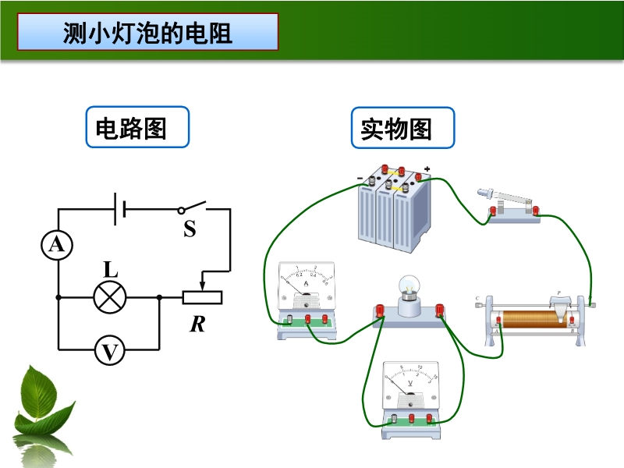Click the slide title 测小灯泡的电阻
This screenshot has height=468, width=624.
pyautogui.click(x=147, y=33)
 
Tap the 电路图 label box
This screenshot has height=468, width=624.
pyautogui.click(x=137, y=127)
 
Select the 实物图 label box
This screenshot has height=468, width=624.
pyautogui.click(x=402, y=127)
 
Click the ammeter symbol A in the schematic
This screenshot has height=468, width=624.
pyautogui.click(x=57, y=246)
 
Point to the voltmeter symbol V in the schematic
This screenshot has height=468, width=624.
pyautogui.click(x=109, y=353)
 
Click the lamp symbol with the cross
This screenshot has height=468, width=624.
pyautogui.click(x=109, y=297)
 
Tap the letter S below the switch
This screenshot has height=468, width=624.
pyautogui.click(x=190, y=229)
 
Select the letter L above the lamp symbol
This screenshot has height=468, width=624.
pyautogui.click(x=111, y=270)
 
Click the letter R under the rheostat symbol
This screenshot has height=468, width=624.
pyautogui.click(x=197, y=323)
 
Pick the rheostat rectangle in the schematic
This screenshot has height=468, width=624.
pyautogui.click(x=203, y=297)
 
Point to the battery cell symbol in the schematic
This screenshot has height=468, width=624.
pyautogui.click(x=119, y=209)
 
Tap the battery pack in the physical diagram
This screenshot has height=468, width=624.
pyautogui.click(x=395, y=210)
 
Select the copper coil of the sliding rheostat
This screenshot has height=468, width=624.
pyautogui.click(x=530, y=319)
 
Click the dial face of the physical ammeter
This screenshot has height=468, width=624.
pyautogui.click(x=306, y=285)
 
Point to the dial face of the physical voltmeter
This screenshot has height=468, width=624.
pyautogui.click(x=411, y=382)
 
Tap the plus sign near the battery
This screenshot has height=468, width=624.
pyautogui.click(x=427, y=169)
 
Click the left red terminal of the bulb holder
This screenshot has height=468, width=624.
pyautogui.click(x=381, y=311)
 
